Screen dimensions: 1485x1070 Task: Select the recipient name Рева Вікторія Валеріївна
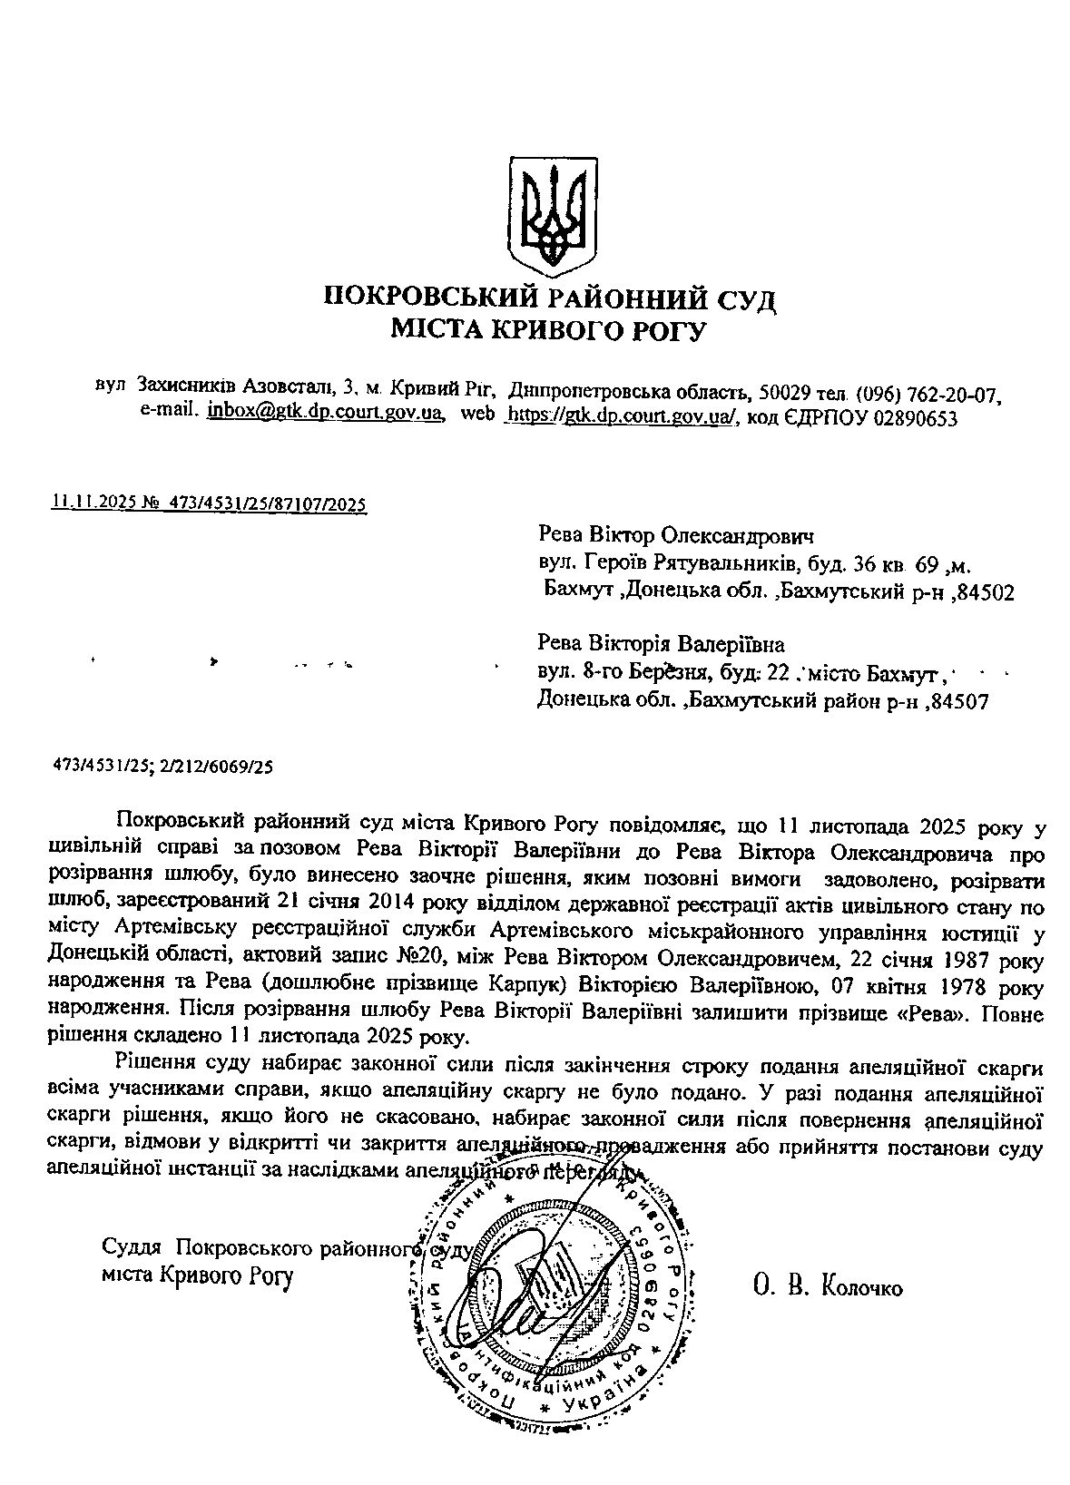click(662, 645)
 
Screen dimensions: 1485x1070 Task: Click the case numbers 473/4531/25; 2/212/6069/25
click(163, 767)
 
